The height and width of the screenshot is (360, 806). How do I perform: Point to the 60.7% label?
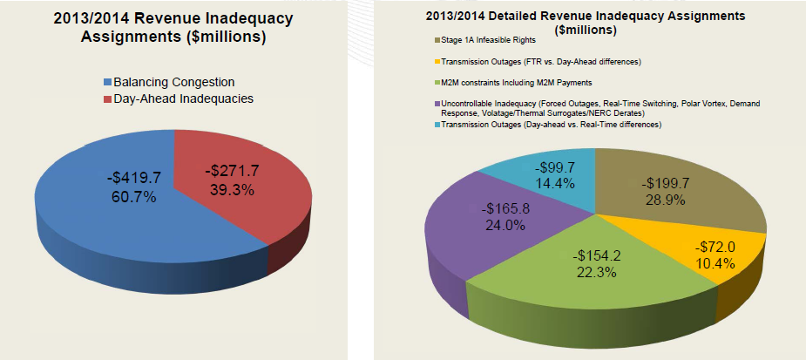(128, 197)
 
